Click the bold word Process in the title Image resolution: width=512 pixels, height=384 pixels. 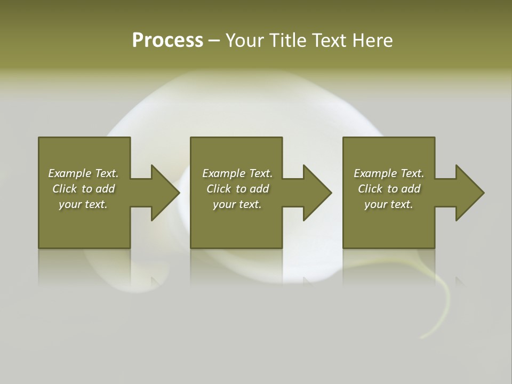(x=167, y=41)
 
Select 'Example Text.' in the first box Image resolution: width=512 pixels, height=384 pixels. (x=83, y=173)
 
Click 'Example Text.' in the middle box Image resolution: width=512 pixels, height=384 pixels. (x=237, y=173)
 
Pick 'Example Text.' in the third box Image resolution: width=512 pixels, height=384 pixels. (x=389, y=173)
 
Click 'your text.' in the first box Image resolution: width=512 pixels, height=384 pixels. (x=83, y=204)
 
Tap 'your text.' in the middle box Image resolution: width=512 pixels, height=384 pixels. (x=237, y=204)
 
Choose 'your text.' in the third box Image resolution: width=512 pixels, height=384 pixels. (x=389, y=204)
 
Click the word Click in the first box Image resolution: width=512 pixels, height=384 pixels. (x=65, y=189)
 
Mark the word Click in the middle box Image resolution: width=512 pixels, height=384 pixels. (x=219, y=189)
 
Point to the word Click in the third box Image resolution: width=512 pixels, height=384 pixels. (x=370, y=189)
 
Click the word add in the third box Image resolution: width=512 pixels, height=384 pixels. (x=411, y=189)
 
